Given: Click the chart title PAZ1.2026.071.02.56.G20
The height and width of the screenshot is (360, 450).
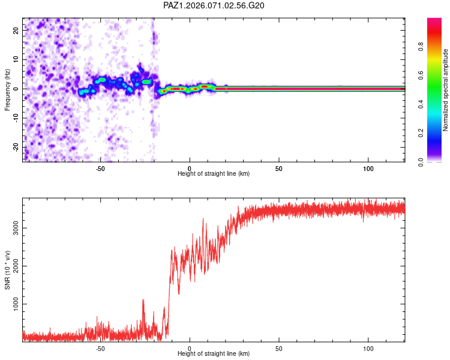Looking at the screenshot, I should click(214, 5).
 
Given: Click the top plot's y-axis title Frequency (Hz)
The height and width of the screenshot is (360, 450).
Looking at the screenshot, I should click(8, 89).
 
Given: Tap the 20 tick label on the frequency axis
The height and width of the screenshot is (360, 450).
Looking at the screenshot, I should click(16, 30).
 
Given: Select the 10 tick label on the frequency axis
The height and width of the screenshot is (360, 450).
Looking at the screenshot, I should click(16, 59).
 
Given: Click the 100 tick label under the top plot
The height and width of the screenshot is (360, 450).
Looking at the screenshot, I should click(368, 168).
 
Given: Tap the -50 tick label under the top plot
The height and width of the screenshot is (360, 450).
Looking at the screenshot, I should click(100, 168).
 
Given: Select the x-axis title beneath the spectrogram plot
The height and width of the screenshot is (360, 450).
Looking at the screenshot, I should click(214, 173).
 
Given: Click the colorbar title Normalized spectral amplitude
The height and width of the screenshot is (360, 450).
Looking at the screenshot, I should click(446, 90).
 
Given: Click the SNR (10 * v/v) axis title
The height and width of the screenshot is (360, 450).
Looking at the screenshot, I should click(8, 270).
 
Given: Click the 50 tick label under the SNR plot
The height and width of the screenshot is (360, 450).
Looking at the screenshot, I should click(278, 348).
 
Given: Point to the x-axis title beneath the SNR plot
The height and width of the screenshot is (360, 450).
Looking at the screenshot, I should click(214, 353).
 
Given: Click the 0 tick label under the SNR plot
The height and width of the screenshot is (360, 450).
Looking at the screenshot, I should click(190, 348).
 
